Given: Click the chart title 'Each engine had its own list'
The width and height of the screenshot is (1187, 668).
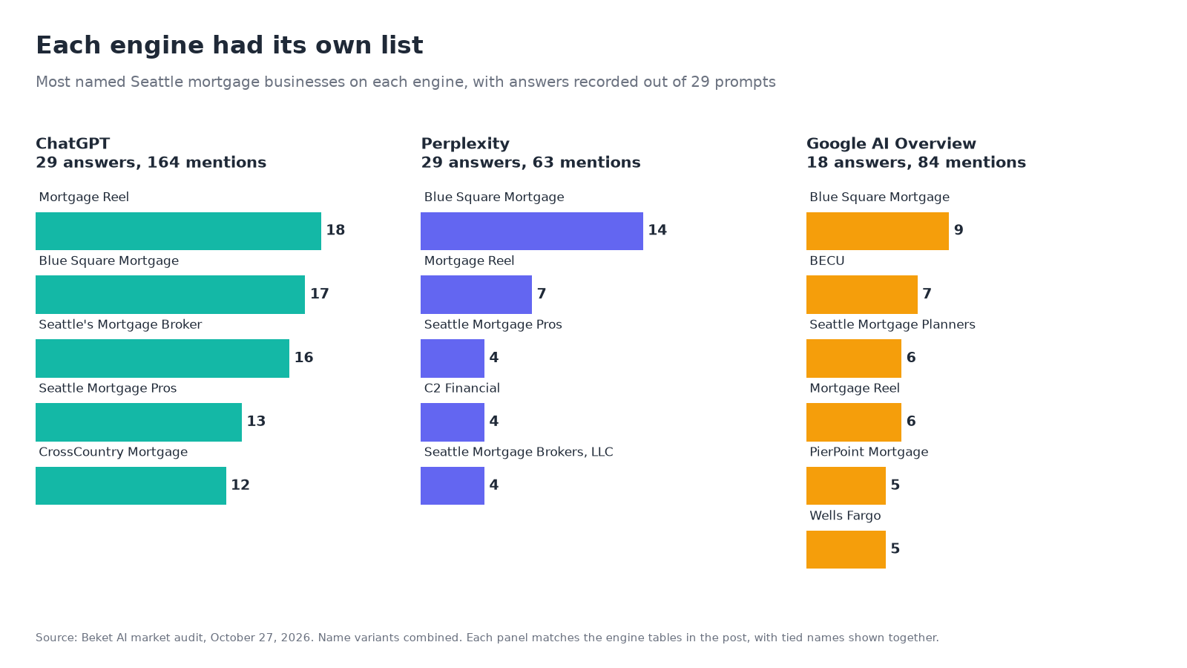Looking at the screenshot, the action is (229, 45).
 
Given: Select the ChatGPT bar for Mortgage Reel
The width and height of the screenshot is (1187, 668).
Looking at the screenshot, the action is (178, 231).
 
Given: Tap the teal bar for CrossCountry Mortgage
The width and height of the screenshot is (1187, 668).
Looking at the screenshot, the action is (131, 485).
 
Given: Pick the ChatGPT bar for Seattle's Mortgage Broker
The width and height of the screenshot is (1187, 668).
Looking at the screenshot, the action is (162, 358).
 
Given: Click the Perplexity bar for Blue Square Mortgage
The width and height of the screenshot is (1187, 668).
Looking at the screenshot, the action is (532, 231).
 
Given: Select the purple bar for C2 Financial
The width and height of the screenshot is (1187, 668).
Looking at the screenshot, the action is (453, 422).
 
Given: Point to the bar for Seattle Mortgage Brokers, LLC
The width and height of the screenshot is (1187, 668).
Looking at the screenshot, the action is (453, 485).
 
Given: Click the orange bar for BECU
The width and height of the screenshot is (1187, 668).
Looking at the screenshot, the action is (861, 295).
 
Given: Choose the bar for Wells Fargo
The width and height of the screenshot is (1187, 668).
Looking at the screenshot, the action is (846, 549).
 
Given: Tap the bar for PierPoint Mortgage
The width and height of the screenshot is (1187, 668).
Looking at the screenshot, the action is (846, 485).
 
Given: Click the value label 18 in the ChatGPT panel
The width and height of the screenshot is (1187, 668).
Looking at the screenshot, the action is (335, 230).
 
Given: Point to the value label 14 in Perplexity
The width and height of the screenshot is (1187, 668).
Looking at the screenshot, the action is (657, 230).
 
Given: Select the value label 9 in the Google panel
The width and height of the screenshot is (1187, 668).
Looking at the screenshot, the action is (959, 230).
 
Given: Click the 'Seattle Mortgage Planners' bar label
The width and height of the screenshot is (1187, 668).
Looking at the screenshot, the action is (892, 324).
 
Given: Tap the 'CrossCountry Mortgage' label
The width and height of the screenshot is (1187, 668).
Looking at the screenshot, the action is (113, 452).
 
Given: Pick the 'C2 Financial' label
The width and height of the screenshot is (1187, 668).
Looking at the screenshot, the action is (462, 388).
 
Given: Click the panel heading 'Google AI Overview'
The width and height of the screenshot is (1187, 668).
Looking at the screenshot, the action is (891, 144).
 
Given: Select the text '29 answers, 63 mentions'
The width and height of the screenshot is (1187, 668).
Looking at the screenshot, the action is (531, 163).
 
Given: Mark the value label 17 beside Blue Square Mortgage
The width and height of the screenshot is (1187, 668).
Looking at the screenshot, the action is (320, 294).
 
